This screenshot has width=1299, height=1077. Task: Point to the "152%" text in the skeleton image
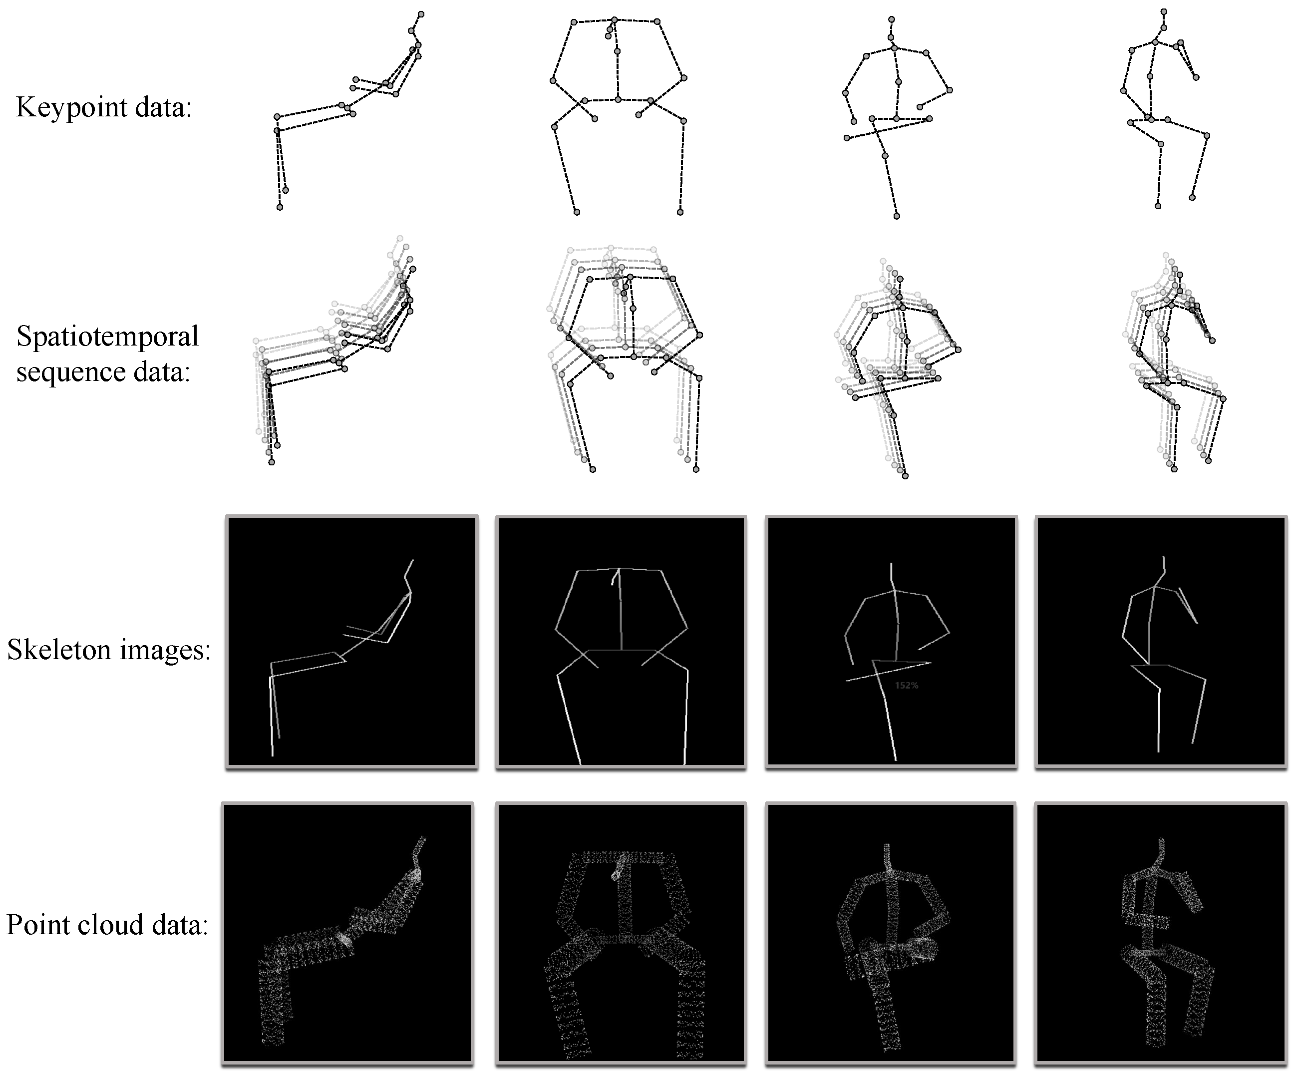coord(906,686)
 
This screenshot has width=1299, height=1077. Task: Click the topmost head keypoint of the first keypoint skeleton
coord(421,13)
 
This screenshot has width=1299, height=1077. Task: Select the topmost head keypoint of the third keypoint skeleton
coord(891,20)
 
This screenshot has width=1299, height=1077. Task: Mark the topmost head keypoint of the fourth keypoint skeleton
coord(1164,12)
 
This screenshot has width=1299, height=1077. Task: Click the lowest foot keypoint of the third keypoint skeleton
coord(896,216)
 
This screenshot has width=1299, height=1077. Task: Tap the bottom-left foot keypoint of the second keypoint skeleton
coord(577,212)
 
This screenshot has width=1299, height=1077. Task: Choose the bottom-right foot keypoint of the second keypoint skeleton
coord(680,212)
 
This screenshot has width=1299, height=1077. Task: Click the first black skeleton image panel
coord(352,642)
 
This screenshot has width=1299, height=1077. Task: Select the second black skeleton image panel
coord(621,642)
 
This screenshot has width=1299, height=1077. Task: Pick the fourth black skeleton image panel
coord(1161,642)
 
